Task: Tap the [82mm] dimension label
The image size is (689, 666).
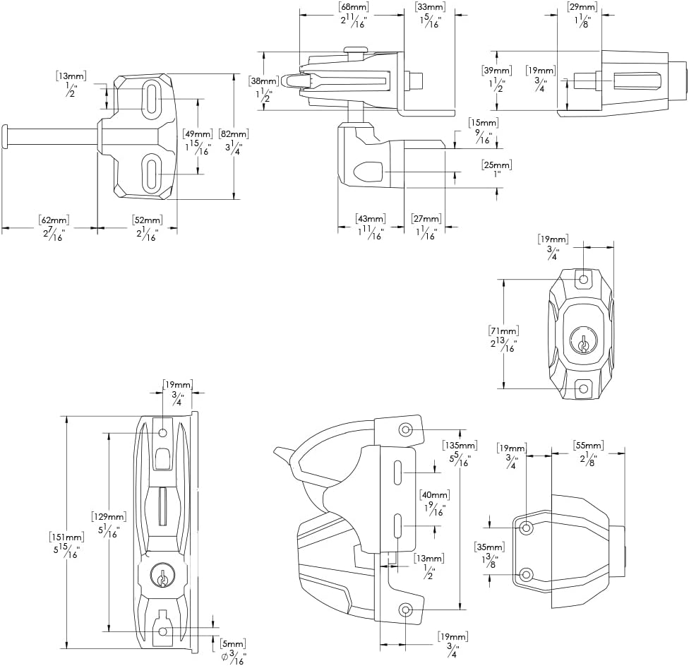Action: point(234,133)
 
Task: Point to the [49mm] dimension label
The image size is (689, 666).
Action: point(197,133)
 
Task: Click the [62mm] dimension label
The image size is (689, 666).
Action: point(51,220)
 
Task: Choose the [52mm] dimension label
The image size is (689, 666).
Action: point(147,220)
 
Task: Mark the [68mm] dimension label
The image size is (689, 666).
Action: point(354,7)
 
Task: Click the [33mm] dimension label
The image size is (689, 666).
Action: point(430,7)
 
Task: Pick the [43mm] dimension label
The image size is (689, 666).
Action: point(371,219)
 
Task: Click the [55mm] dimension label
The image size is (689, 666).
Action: point(588,445)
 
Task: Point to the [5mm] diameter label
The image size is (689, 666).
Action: point(233,643)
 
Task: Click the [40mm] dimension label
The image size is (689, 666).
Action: point(434,494)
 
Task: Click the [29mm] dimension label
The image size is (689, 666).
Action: point(583,7)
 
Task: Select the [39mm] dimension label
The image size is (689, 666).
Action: point(497,71)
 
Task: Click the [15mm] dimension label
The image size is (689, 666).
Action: point(484,123)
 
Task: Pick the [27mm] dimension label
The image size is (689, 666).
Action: point(426,219)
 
